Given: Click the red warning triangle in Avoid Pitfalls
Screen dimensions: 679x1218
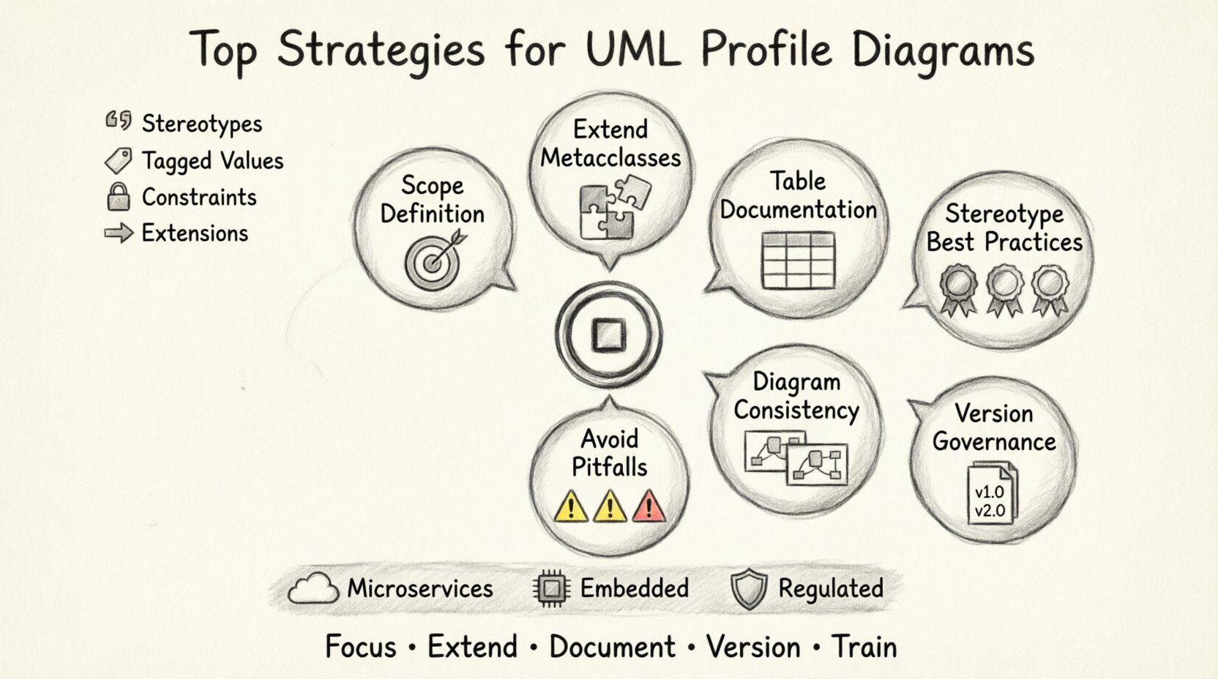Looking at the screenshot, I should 649,506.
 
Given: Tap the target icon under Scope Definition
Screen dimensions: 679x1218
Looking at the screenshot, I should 433,262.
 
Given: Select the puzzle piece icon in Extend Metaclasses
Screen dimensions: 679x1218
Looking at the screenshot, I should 609,211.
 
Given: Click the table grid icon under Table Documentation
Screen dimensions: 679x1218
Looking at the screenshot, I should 798,260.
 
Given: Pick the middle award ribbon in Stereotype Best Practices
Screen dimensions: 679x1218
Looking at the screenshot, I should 1004,290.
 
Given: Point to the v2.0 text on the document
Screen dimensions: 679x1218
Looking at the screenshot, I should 990,511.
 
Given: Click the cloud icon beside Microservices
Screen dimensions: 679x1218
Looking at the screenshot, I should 313,589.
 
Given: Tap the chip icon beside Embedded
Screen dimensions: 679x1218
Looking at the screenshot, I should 553,589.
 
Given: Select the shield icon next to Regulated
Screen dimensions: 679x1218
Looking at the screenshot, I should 749,590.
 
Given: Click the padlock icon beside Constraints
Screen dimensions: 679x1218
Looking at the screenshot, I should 118,197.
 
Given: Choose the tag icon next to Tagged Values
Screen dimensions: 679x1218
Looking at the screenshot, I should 118,160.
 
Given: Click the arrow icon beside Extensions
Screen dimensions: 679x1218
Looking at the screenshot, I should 118,233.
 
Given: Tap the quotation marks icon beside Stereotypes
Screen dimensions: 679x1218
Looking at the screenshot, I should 118,121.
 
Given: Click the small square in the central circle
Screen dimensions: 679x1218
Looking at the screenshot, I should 608,336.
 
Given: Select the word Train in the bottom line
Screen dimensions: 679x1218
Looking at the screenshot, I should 864,647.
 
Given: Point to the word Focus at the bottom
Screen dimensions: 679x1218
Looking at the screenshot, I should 360,647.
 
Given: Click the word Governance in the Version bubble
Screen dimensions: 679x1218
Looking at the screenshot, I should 994,442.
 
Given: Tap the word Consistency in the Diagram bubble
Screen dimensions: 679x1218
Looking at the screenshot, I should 796,410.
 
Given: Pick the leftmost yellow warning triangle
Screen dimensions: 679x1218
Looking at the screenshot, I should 570,506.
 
